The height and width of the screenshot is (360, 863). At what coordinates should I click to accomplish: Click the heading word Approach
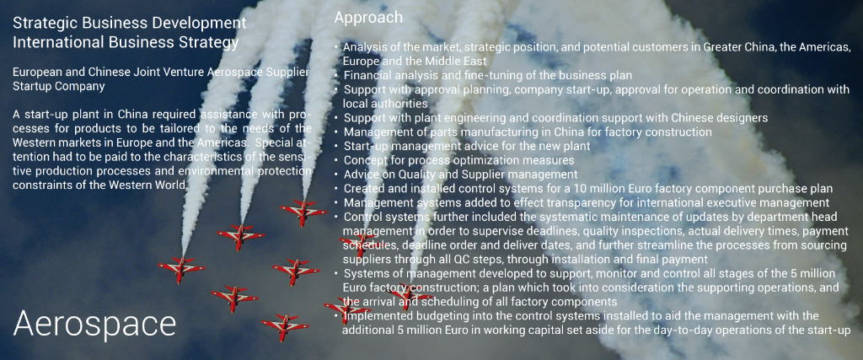(368, 18)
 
